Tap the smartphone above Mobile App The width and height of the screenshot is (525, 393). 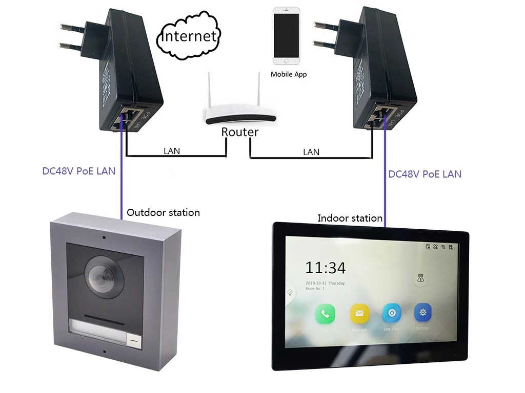coord(287,36)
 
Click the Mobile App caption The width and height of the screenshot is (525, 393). coord(289,74)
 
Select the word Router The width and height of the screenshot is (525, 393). coord(240,132)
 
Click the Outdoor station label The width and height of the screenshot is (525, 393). coord(163,212)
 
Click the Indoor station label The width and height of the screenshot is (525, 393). coord(350,219)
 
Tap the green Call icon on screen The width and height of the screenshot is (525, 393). coord(325,313)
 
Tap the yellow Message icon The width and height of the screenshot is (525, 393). coord(359,313)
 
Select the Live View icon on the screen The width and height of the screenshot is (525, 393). coord(392,313)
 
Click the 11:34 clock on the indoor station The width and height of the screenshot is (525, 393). coord(326,268)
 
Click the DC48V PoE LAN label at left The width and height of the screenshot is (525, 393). coord(78,171)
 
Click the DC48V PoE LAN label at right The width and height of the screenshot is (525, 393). coord(425,174)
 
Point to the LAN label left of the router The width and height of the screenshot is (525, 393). coord(172,151)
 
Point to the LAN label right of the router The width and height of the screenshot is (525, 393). coord(311,152)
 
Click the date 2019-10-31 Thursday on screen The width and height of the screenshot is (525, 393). coord(325,283)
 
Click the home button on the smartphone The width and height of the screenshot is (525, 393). coord(287,61)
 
